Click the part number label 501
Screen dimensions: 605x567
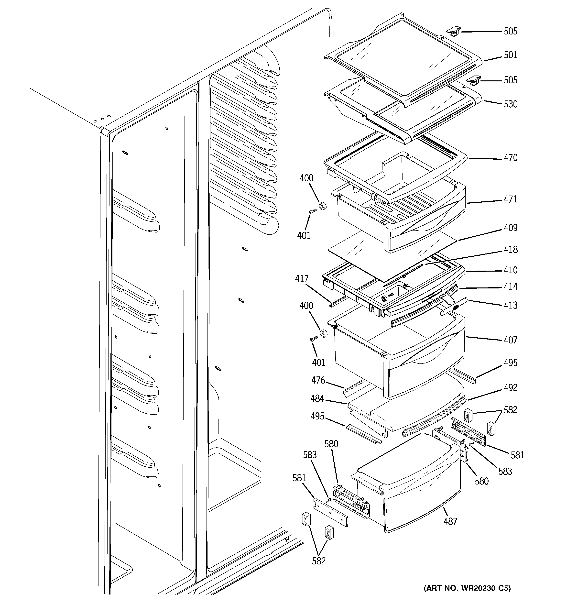[510, 55]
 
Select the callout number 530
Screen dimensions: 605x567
[510, 104]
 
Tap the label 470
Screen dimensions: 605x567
[510, 158]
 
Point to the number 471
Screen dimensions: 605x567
[510, 199]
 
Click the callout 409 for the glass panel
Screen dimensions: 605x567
[510, 228]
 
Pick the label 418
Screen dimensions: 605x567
[510, 250]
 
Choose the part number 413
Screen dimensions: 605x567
[510, 305]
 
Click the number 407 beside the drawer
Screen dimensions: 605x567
[510, 340]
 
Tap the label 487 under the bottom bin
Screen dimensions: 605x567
[450, 521]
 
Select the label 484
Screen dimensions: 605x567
[317, 398]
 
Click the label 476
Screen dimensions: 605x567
[318, 380]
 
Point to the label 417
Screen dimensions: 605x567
[302, 279]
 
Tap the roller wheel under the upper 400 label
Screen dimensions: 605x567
[322, 206]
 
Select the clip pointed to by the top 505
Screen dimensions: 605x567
[453, 31]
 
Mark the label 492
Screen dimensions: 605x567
[510, 388]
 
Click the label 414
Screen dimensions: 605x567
[510, 287]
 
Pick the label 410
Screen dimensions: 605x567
[510, 270]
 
